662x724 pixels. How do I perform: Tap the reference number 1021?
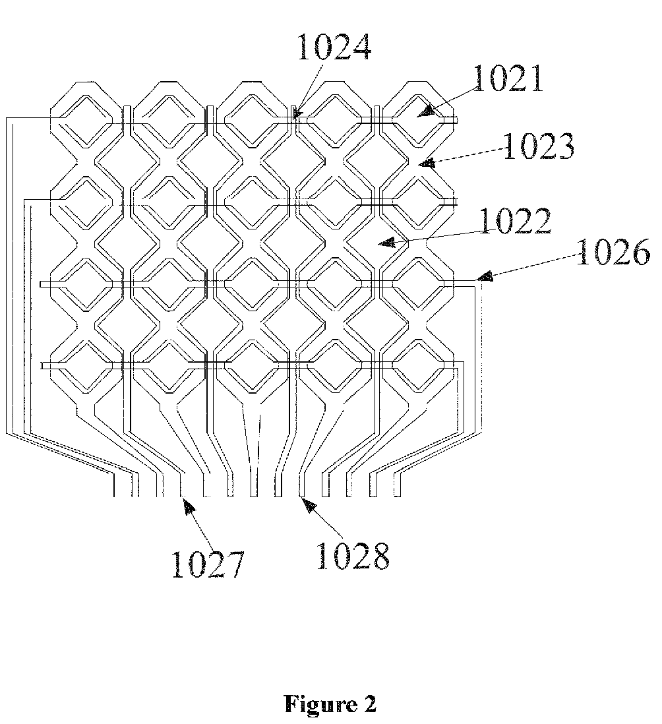click(x=507, y=79)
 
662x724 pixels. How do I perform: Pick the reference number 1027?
click(x=208, y=564)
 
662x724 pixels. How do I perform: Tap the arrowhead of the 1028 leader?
click(x=305, y=503)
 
